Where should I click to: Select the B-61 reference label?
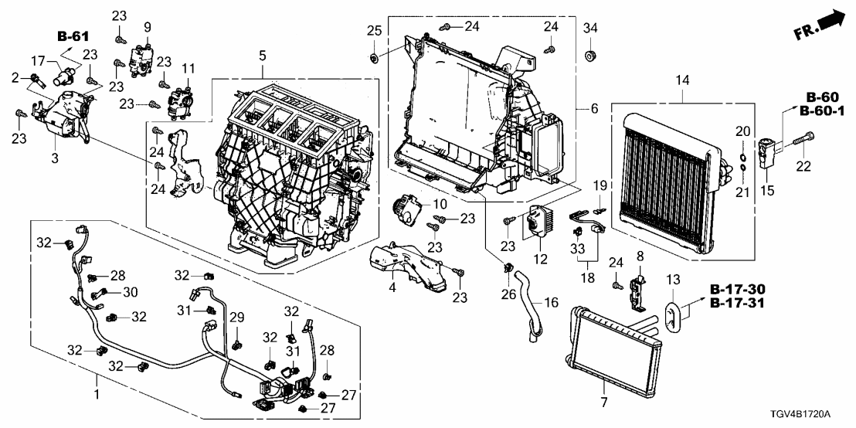coord(73,36)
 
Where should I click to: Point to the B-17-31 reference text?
coord(738,302)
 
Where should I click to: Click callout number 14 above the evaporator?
coord(682,80)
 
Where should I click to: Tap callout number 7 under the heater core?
coord(603,402)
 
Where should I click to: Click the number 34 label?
coord(590,29)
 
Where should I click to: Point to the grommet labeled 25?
coord(374,58)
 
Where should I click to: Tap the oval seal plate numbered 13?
coord(675,316)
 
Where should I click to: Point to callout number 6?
coord(594,110)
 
